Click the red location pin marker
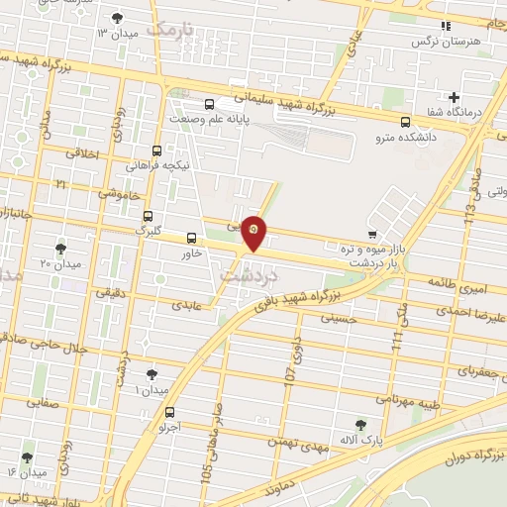[254, 232]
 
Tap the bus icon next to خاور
[191, 238]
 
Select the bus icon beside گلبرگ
[148, 216]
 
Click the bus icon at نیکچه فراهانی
[156, 152]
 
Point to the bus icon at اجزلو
[171, 413]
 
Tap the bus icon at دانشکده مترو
[404, 122]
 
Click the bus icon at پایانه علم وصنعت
[209, 104]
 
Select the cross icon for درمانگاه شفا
[454, 97]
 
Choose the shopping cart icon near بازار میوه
[371, 235]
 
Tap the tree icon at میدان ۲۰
[60, 249]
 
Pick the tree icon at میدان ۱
[151, 374]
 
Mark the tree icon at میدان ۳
[118, 18]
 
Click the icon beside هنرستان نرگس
[446, 25]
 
